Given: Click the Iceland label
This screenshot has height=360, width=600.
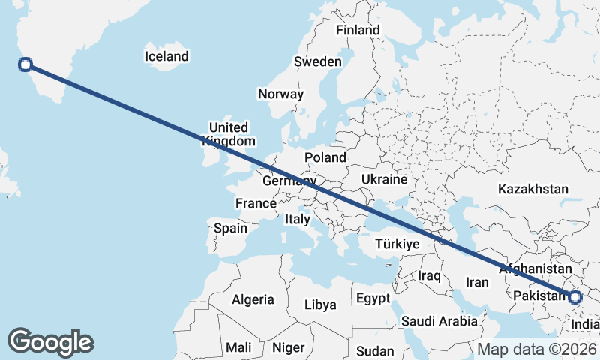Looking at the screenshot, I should [166, 56].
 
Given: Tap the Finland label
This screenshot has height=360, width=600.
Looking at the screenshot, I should [358, 31].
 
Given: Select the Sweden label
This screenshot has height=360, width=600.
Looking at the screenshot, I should [318, 61].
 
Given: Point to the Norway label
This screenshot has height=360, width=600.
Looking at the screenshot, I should [280, 94].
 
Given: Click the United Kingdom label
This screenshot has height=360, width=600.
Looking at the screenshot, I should [229, 134].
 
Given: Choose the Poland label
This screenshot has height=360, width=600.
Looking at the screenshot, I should [325, 157].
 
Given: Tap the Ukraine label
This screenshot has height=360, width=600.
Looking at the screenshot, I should [384, 180].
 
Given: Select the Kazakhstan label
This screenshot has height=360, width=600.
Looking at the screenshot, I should [533, 190].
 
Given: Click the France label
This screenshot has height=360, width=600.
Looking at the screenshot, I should [256, 203].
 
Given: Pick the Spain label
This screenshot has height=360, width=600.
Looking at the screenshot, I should [230, 228].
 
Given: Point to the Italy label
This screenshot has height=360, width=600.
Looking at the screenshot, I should [297, 220].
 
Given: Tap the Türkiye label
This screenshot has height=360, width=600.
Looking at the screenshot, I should [397, 244].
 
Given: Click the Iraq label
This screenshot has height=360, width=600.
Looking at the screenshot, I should [429, 276].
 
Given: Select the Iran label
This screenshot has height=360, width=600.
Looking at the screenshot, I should [477, 282].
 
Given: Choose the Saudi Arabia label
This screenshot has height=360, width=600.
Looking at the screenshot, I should [439, 321].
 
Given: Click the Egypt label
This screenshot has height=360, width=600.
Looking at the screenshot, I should [373, 298].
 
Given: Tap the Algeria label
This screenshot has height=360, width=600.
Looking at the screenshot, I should [253, 299].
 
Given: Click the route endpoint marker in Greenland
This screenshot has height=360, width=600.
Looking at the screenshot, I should [25, 64].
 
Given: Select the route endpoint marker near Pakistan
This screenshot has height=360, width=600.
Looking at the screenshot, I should [575, 297].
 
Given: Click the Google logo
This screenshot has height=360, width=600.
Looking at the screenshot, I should [50, 342].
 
